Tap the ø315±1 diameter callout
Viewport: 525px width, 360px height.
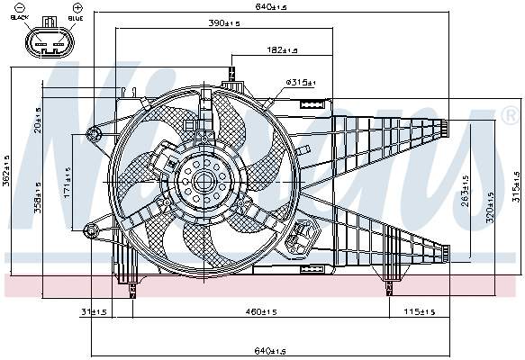point(301,83)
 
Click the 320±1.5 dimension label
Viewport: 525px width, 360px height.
point(491,205)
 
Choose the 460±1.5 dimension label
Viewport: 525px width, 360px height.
point(261,311)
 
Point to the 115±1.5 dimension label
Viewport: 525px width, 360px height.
point(419,311)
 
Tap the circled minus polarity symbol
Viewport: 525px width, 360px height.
point(20,8)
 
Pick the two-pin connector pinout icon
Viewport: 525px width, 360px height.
point(48,41)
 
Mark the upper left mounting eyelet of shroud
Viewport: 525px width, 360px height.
point(92,135)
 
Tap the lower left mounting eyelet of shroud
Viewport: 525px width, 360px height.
point(90,228)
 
